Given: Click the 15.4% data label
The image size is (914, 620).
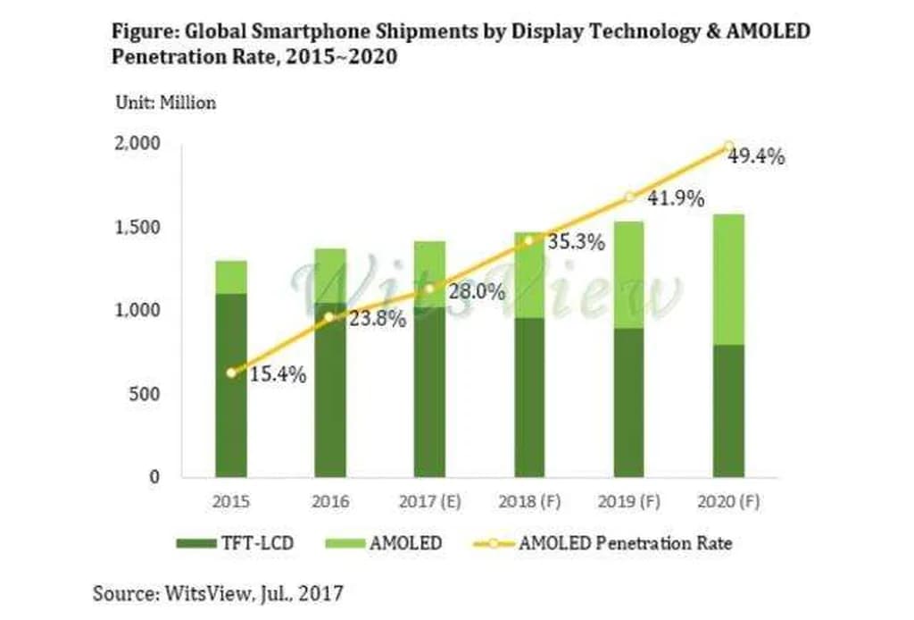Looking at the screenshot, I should tap(277, 375).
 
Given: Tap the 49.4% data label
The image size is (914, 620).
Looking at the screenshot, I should tap(755, 158).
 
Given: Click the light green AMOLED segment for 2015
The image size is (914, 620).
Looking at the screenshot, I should tap(231, 277).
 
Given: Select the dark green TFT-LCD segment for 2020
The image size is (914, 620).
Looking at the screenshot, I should tap(728, 411).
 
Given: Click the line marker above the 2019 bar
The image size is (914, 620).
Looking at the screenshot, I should tap(628, 197).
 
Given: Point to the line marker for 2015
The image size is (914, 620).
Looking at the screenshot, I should tap(231, 373).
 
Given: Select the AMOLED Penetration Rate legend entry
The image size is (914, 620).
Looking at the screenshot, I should tap(625, 542).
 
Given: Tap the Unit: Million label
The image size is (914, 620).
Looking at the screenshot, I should tap(166, 103).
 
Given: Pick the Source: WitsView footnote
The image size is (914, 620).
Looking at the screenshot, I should tap(218, 591).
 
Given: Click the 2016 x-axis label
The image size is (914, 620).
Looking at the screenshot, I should tap(330, 502).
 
